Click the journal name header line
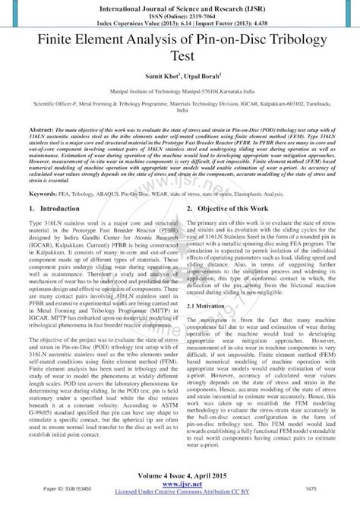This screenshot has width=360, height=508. pyautogui.click(x=179, y=5)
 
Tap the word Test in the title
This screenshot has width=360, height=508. pyautogui.click(x=179, y=55)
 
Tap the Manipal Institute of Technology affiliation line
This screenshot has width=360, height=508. pyautogui.click(x=179, y=90)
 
